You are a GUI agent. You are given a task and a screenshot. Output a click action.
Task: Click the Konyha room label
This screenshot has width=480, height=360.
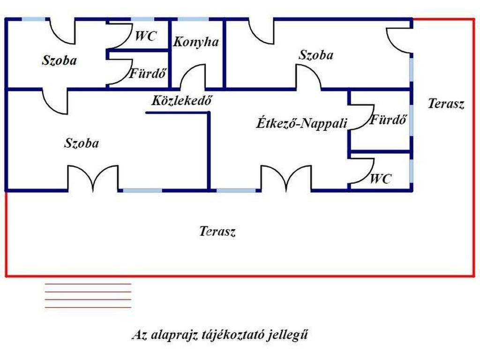pyautogui.click(x=196, y=42)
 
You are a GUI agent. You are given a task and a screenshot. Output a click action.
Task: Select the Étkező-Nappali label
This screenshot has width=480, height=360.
pyautogui.click(x=302, y=123)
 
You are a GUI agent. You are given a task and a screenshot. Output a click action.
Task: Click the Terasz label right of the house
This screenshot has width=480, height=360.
pyautogui.click(x=446, y=104)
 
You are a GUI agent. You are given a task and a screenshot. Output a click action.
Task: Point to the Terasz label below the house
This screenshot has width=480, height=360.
pyautogui.click(x=217, y=232)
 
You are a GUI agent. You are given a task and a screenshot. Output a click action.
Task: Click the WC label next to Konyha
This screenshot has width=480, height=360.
pyautogui.click(x=146, y=37)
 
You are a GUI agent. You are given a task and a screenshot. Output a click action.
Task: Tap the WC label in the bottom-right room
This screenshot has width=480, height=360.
pyautogui.click(x=381, y=179)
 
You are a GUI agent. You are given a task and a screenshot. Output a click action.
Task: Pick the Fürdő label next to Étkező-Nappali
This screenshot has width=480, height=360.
pyautogui.click(x=388, y=120)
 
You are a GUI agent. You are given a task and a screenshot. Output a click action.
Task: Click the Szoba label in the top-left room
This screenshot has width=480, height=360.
pyautogui.click(x=60, y=60)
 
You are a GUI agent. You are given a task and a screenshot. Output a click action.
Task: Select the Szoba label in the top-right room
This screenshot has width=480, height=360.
pyautogui.click(x=316, y=55)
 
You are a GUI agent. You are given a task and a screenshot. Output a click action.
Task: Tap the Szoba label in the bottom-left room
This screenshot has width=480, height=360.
pyautogui.click(x=82, y=143)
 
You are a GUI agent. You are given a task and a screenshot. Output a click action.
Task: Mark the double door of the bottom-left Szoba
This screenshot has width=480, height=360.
pyautogui.click(x=93, y=179)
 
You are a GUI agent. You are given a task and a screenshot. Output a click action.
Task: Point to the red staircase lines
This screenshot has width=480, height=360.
pyautogui.click(x=88, y=296)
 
